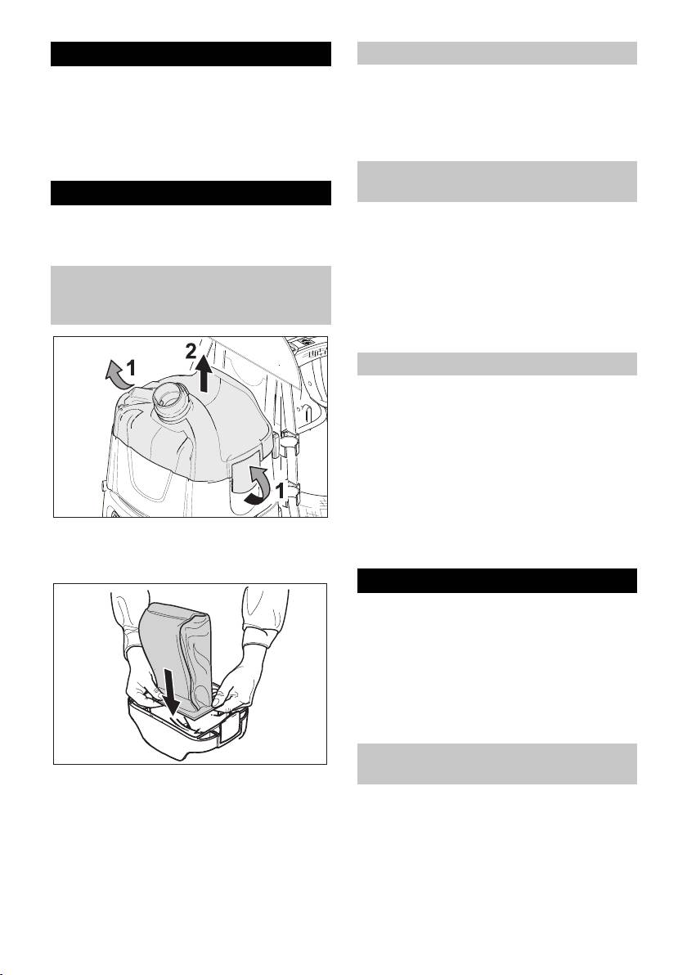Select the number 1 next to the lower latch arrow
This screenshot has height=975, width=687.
point(281,492)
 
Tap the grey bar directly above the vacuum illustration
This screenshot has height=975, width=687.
point(191,295)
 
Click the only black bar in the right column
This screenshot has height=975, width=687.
point(497,581)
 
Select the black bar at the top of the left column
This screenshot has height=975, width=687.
point(191,54)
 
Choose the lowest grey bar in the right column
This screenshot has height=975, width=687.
point(497,764)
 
